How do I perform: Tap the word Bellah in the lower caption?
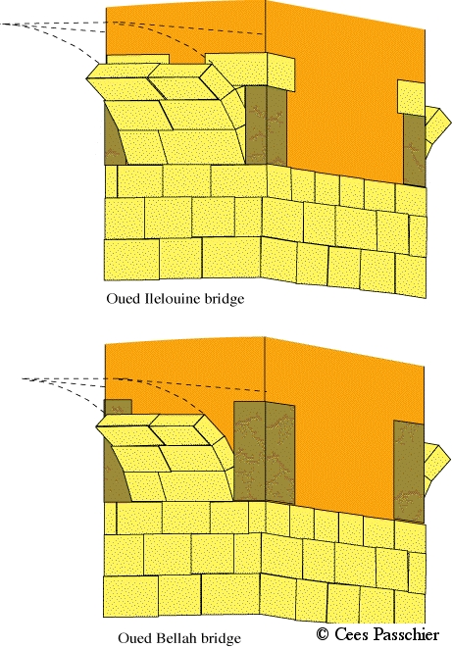(176, 638)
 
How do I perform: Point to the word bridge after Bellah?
(220, 638)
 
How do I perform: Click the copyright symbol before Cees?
(322, 633)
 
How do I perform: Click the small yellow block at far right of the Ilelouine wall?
(411, 98)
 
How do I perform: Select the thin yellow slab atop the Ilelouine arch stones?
(137, 59)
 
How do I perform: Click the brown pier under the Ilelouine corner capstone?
(266, 125)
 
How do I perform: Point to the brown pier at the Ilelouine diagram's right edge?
(415, 150)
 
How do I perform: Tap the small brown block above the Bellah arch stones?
(118, 407)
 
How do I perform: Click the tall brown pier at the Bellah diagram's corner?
(264, 452)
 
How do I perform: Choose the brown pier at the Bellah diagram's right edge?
(409, 472)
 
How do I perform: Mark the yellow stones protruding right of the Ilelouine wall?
(437, 125)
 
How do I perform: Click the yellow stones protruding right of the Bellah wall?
(437, 463)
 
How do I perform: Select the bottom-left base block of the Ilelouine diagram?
(131, 261)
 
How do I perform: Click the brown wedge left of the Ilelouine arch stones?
(114, 138)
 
